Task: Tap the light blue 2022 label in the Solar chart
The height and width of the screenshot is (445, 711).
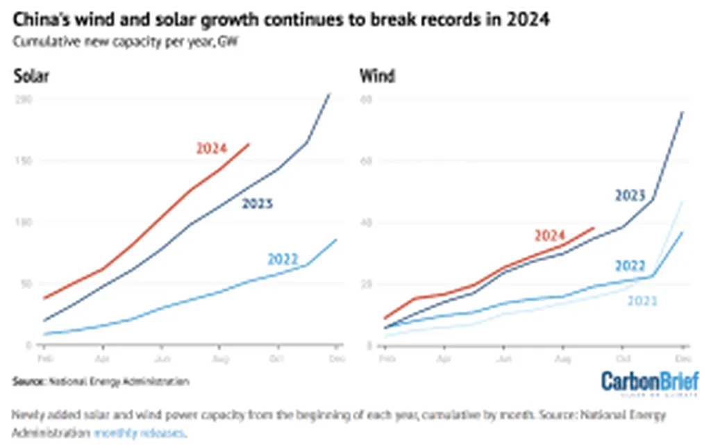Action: click(x=283, y=260)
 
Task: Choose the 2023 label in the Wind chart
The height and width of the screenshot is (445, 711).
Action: click(x=630, y=195)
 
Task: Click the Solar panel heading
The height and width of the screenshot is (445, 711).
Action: click(x=31, y=76)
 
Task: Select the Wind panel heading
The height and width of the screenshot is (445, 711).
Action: click(x=377, y=76)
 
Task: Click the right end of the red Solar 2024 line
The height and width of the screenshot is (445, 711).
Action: click(x=249, y=144)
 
